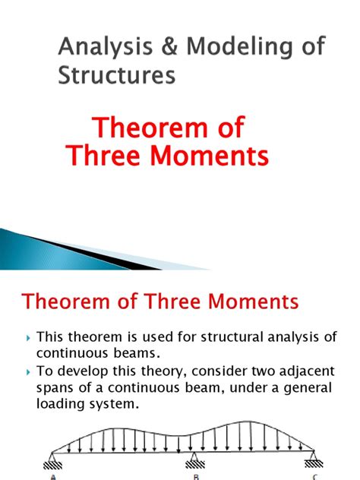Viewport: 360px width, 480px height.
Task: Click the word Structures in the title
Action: click(117, 76)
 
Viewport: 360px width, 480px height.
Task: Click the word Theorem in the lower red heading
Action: click(65, 302)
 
